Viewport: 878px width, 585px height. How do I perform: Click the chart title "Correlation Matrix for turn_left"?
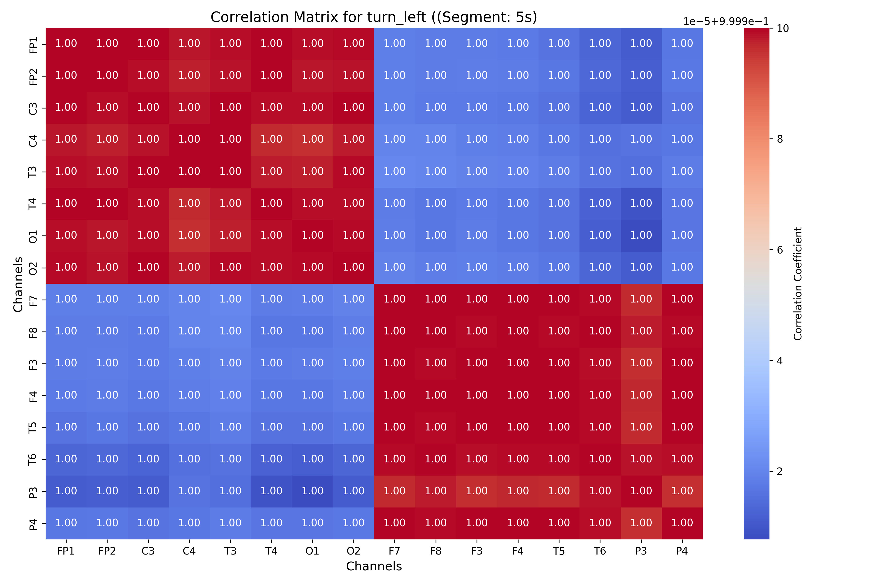[x=374, y=17]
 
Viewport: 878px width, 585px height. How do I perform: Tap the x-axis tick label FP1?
[x=66, y=551]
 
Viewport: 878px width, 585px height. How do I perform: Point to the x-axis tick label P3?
[x=641, y=551]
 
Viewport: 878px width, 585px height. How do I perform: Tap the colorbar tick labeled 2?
[x=779, y=472]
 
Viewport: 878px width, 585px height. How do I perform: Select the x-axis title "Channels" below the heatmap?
[x=374, y=566]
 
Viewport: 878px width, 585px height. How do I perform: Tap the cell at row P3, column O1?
[x=312, y=491]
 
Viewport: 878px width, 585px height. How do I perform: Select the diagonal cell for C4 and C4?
[x=189, y=139]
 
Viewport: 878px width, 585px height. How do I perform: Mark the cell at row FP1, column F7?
[x=395, y=44]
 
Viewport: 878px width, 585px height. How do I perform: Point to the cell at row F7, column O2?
[x=353, y=299]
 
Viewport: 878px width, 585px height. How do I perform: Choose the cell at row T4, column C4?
[x=189, y=203]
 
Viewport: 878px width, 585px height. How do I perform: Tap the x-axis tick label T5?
[x=559, y=551]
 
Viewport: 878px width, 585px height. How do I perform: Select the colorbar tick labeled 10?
[x=782, y=28]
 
